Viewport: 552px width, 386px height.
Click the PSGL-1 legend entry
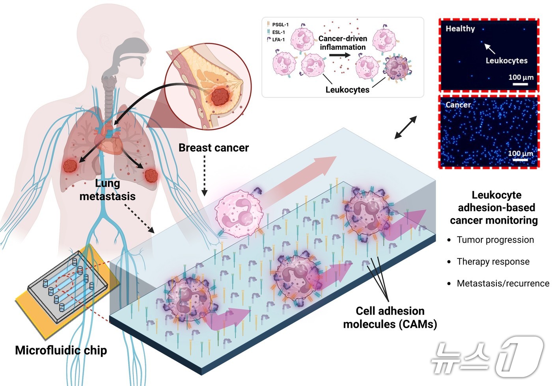coord(280,25)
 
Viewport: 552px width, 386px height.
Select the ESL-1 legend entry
coord(278,32)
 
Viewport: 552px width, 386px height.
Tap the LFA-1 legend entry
coord(278,40)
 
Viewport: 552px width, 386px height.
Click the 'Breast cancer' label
coord(214,148)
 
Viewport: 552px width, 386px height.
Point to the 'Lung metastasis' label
coord(107,190)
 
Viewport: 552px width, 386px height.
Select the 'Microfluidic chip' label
coord(61,350)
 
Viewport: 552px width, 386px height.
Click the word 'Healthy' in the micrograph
coord(460,28)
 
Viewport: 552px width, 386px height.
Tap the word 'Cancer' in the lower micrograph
coord(458,105)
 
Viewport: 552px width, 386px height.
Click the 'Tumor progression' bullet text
coord(495,240)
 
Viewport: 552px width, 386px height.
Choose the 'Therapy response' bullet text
coord(493,262)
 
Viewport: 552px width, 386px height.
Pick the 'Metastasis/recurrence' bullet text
coord(503,283)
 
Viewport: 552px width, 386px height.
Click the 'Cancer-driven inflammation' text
coord(343,43)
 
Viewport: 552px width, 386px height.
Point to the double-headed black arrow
coord(406,127)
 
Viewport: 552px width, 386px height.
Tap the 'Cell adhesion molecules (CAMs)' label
coord(390,317)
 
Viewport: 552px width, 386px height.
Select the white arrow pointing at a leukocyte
coord(490,48)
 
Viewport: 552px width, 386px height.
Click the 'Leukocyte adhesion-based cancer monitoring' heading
coord(494,208)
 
